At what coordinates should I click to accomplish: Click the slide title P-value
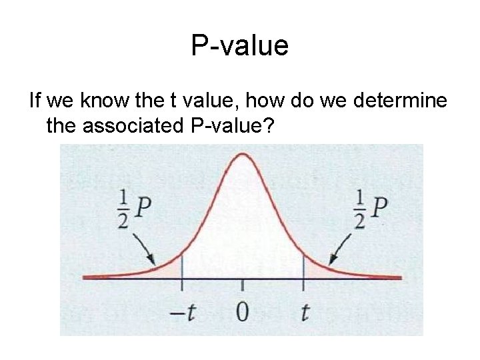239,46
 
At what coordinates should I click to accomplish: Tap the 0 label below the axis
243,312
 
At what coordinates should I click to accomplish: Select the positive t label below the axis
305,312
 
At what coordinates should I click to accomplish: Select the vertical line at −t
181,273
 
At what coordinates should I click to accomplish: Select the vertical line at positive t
304,273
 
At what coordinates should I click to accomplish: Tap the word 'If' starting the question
35,103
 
